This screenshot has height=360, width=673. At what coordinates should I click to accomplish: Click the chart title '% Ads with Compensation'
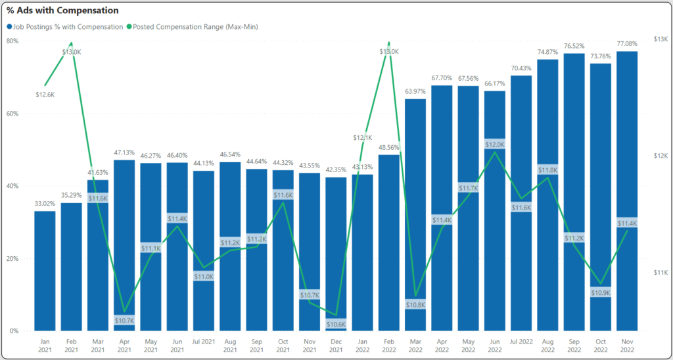click(62, 11)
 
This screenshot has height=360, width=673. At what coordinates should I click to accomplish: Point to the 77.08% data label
click(627, 45)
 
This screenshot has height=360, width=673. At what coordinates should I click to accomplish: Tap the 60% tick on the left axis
click(12, 114)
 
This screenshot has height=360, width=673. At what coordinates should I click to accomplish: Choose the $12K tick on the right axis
click(660, 156)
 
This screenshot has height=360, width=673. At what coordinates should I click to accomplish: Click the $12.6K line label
click(45, 95)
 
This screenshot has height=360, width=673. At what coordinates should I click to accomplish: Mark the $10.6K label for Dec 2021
click(336, 324)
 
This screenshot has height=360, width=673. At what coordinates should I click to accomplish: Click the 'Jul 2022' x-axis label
click(521, 342)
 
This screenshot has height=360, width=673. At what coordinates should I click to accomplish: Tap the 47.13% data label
click(124, 153)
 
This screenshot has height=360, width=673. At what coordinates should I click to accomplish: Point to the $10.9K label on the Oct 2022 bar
click(601, 292)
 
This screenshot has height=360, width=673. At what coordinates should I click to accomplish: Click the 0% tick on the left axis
click(14, 331)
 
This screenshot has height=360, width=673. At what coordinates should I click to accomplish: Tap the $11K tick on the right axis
click(660, 273)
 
